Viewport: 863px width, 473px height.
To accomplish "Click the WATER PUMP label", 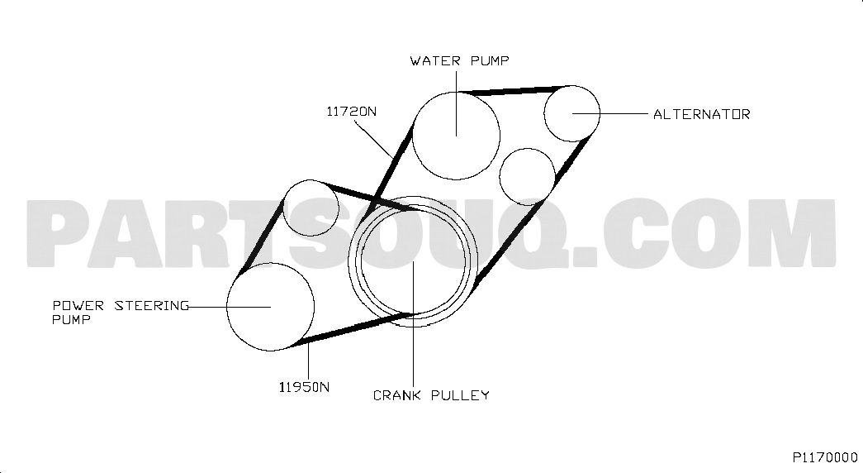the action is pos(459,60).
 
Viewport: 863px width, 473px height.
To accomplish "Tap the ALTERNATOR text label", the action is pos(702,115).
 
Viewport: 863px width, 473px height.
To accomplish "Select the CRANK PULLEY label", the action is pos(431,395).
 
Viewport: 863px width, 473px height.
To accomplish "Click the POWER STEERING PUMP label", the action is pos(121,313).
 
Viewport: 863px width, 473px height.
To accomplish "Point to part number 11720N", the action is pos(352,112).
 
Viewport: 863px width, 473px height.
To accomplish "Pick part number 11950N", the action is pos(305,388).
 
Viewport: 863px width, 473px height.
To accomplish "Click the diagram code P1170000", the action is pos(825,457).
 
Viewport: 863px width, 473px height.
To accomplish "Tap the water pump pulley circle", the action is pos(413,136).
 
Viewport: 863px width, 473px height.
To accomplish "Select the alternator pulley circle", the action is pos(544,113).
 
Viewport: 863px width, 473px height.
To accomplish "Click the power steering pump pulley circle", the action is pos(227,307).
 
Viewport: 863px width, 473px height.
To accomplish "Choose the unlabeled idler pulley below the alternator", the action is pos(500,176).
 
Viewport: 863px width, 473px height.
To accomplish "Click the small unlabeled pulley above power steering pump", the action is pos(283,208).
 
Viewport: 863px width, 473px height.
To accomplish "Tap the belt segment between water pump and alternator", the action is pos(513,90).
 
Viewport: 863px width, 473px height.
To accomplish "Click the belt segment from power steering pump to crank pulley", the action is pos(353,329).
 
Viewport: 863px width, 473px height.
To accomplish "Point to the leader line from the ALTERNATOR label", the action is pos(610,113).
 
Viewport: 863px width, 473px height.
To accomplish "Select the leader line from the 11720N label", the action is pos(374,140).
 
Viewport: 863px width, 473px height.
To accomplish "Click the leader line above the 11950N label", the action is pos(308,361).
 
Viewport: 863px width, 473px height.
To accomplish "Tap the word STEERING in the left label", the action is pos(152,306).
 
